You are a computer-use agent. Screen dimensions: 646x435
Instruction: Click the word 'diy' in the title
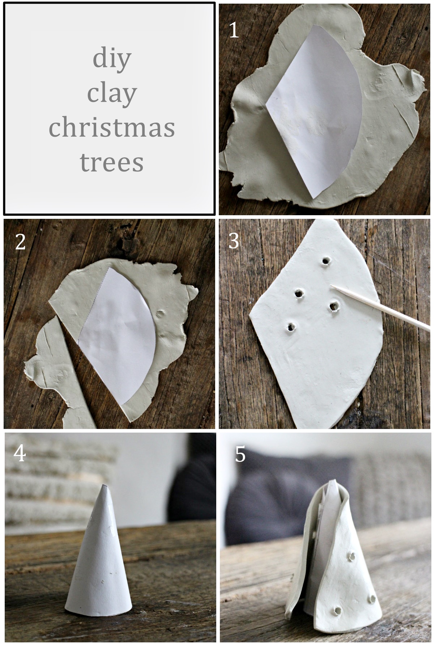click(x=112, y=59)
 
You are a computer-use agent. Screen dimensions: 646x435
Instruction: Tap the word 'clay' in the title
click(x=112, y=94)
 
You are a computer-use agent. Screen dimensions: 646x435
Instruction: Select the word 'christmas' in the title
click(x=112, y=128)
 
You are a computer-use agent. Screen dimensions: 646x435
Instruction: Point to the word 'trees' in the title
click(x=112, y=162)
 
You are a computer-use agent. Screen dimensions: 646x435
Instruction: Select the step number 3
click(x=234, y=241)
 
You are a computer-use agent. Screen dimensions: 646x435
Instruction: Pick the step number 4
click(x=20, y=453)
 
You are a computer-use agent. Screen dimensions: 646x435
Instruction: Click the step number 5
click(x=240, y=454)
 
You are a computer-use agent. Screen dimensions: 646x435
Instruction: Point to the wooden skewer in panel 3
click(x=383, y=307)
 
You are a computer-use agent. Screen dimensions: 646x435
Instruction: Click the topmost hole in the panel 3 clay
click(x=326, y=261)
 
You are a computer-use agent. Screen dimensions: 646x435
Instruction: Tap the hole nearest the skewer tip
click(x=334, y=307)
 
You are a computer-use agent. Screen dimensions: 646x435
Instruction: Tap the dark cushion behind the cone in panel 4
click(x=193, y=481)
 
